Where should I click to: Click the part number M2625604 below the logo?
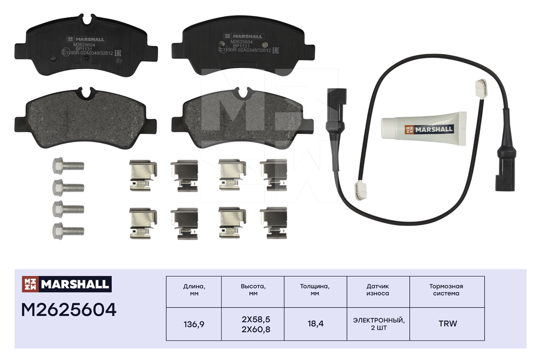69,310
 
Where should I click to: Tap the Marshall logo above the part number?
66,283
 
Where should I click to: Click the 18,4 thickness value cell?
315,324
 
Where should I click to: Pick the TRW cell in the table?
447,324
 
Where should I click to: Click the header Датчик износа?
377,290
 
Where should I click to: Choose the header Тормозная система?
447,290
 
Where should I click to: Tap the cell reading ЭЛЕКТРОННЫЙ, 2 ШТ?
377,324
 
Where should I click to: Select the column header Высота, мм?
256,290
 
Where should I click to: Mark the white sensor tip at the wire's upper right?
478,85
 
